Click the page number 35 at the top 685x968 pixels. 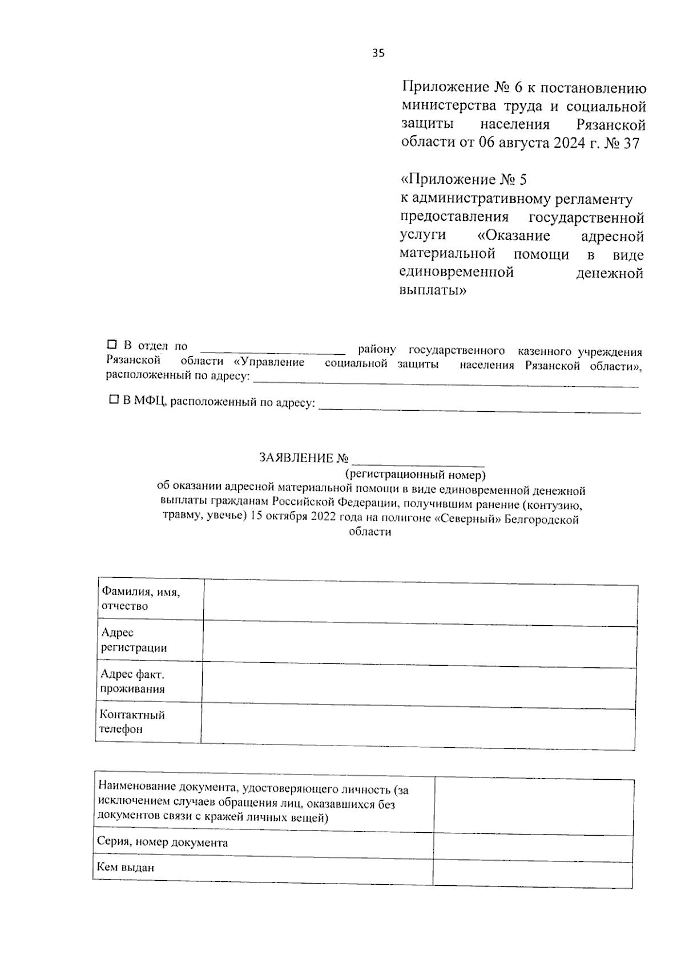[x=378, y=54]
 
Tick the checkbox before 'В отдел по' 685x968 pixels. [x=112, y=345]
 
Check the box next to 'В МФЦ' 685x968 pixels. [x=114, y=400]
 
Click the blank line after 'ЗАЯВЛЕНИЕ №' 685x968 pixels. [x=418, y=461]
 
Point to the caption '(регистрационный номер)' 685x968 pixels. [x=415, y=474]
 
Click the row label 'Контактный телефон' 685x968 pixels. [x=132, y=722]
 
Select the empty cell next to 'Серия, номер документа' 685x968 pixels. [x=533, y=847]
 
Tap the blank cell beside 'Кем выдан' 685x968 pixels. [x=533, y=873]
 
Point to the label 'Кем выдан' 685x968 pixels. [x=126, y=868]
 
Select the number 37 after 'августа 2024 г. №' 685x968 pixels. [x=631, y=143]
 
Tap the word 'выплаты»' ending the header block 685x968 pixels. [x=433, y=290]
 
